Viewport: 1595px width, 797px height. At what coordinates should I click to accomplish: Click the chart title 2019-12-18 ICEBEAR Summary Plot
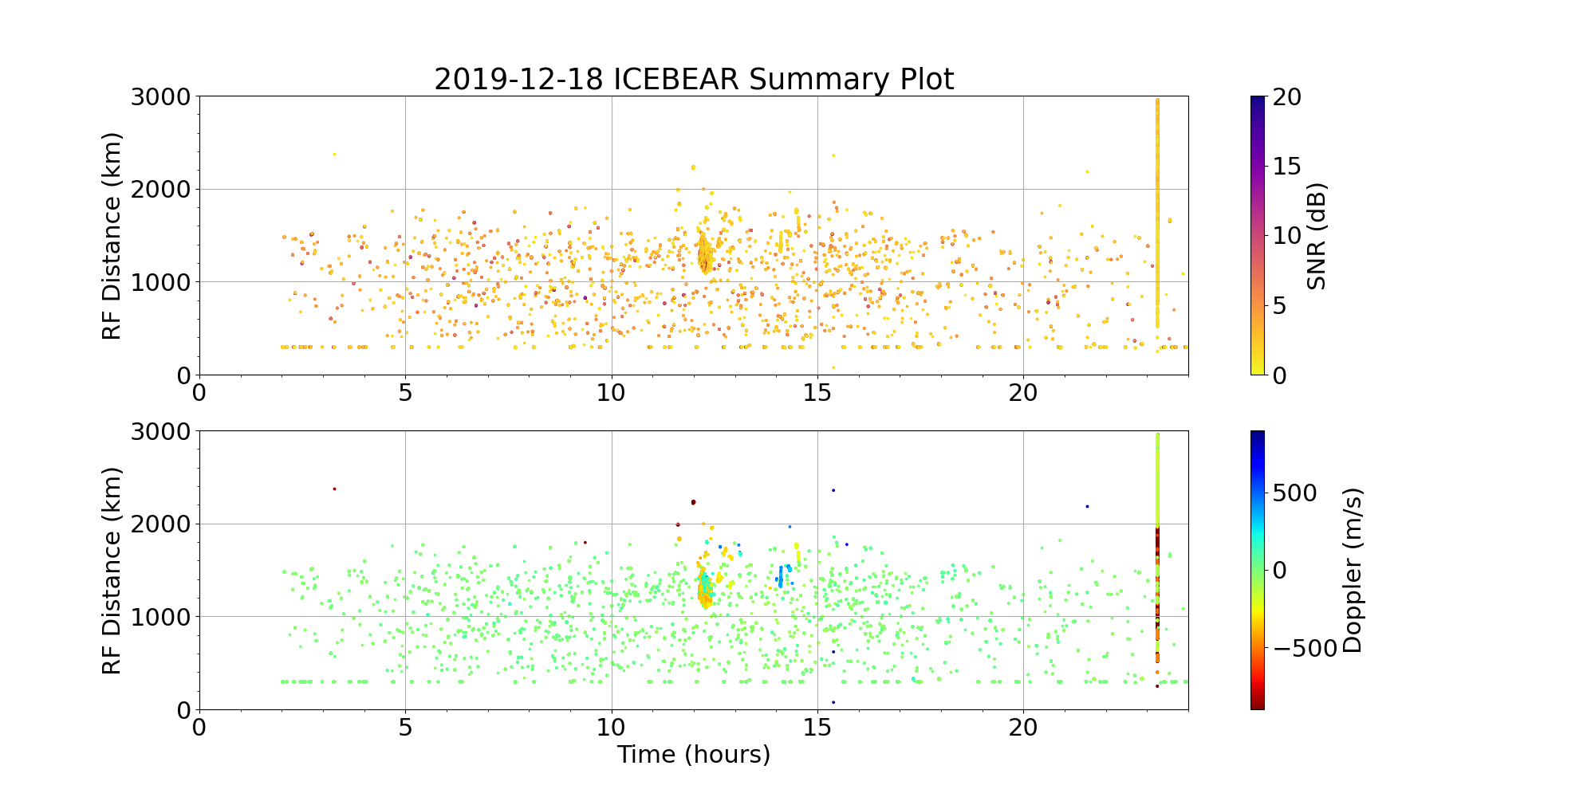point(694,80)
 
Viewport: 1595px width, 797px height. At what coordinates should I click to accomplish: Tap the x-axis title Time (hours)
point(694,754)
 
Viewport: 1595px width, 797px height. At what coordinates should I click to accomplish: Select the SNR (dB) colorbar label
point(1317,237)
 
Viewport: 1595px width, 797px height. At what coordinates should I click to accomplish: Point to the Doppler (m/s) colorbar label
point(1353,571)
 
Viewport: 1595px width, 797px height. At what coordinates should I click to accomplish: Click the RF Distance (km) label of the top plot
point(112,236)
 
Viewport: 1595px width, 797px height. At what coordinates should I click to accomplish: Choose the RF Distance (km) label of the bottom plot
point(112,571)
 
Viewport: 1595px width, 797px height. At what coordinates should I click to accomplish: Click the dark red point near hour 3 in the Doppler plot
point(334,489)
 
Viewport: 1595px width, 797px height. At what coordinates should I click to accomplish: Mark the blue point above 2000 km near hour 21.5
point(1086,506)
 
